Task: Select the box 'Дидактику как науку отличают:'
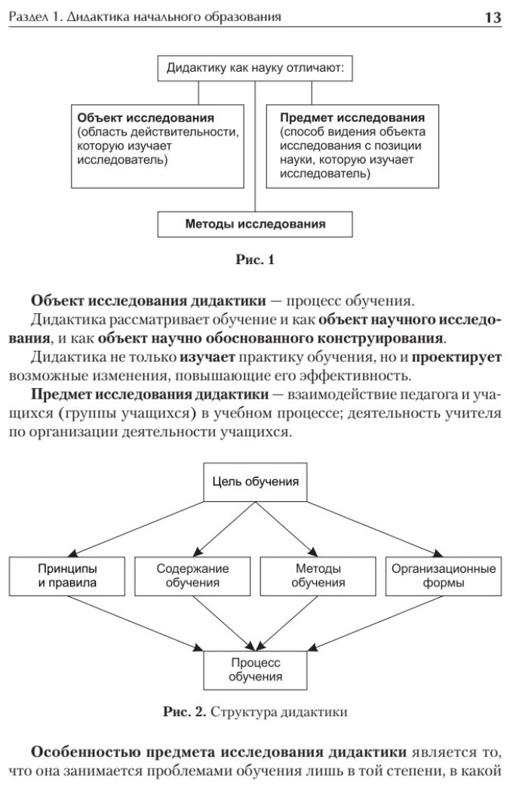point(254,69)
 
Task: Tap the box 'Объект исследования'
point(158,146)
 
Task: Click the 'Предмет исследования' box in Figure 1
point(352,146)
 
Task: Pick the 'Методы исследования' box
point(255,224)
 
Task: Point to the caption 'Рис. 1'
point(255,261)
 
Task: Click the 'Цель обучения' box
point(255,482)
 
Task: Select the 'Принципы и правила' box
point(67,575)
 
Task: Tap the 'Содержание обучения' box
point(192,575)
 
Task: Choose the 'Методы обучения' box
point(318,575)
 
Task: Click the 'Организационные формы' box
point(443,575)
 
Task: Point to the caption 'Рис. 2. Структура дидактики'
point(255,711)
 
